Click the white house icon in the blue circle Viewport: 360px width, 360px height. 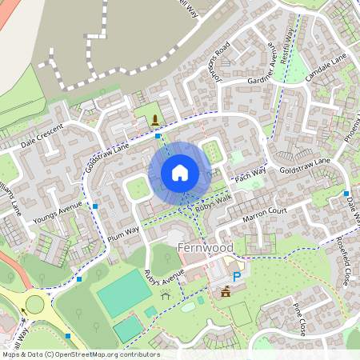coord(179,173)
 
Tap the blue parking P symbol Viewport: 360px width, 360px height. coord(236,276)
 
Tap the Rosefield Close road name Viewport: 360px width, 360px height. coord(343,264)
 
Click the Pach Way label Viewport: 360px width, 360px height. coord(250,174)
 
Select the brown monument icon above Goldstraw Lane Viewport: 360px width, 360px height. coord(154,121)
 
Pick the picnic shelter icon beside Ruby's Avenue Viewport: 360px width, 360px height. coord(166,296)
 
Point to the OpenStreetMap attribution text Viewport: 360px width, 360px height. coord(80,354)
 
